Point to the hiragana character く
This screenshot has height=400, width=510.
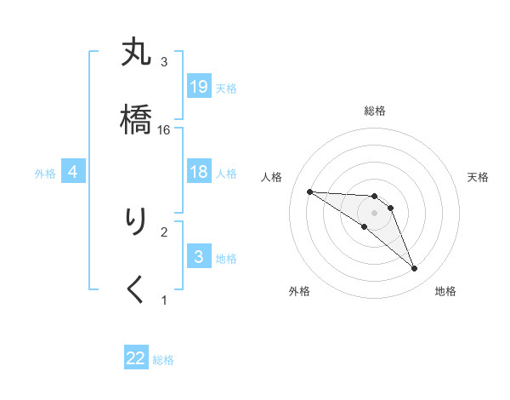click(136, 289)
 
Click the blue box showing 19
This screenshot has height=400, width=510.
click(199, 87)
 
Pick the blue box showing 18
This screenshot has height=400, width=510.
click(199, 172)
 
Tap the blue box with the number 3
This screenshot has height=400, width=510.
click(199, 257)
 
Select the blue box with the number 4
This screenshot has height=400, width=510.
click(73, 172)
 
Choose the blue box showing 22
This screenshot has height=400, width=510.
click(136, 358)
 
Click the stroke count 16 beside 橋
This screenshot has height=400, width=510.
click(164, 129)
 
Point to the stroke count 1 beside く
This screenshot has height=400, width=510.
click(164, 300)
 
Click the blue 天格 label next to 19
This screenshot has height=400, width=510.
click(225, 88)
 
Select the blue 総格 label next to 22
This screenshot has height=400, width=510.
click(163, 360)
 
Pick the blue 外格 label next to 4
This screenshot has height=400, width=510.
click(45, 174)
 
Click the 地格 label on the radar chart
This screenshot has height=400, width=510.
click(445, 291)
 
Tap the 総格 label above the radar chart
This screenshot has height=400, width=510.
click(374, 111)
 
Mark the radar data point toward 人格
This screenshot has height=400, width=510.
click(309, 191)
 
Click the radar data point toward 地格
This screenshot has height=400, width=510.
click(414, 269)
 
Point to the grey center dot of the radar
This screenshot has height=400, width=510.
click(374, 213)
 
